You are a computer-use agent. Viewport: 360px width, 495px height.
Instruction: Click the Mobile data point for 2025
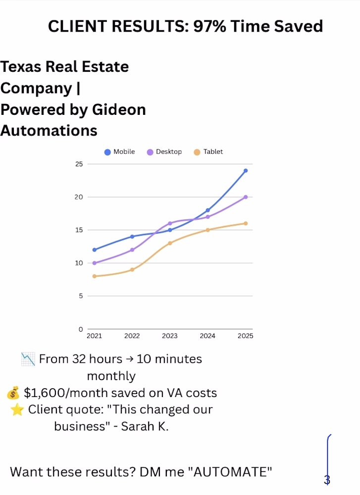(x=246, y=171)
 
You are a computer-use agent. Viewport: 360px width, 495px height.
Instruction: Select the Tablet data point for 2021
(x=95, y=276)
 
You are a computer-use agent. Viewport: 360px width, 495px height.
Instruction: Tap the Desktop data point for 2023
(x=170, y=224)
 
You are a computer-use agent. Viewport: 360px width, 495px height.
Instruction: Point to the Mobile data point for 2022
(x=132, y=237)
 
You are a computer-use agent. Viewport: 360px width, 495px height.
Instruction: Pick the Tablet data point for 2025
(x=246, y=224)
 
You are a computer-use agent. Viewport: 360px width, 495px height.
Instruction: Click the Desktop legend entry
(x=164, y=152)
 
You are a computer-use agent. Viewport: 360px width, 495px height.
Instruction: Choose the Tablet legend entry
(x=208, y=152)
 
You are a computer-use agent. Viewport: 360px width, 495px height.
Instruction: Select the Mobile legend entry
(x=120, y=152)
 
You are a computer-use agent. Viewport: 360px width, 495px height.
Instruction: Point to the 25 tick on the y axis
(x=79, y=164)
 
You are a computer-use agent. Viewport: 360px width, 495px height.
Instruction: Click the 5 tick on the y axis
(x=81, y=296)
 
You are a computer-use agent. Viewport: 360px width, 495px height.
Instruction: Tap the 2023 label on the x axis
(x=170, y=336)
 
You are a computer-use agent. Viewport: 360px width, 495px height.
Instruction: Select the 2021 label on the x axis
(x=95, y=336)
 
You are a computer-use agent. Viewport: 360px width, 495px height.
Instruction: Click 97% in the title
(x=210, y=26)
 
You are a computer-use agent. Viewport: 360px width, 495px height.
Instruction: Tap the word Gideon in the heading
(x=119, y=110)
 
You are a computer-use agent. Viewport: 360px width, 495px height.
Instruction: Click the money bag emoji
(x=13, y=394)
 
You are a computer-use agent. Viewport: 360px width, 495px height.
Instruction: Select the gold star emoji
(x=17, y=410)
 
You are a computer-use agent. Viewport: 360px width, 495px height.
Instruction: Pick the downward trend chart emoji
(x=28, y=359)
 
